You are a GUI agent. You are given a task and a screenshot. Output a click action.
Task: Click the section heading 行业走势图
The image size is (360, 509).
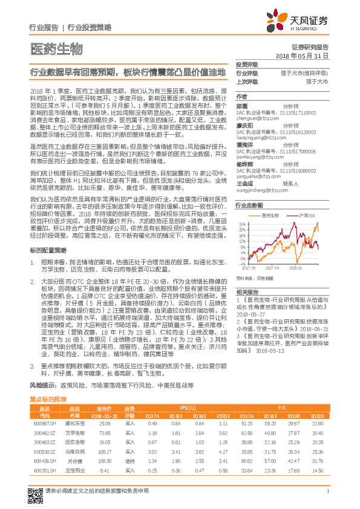click(x=249, y=206)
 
